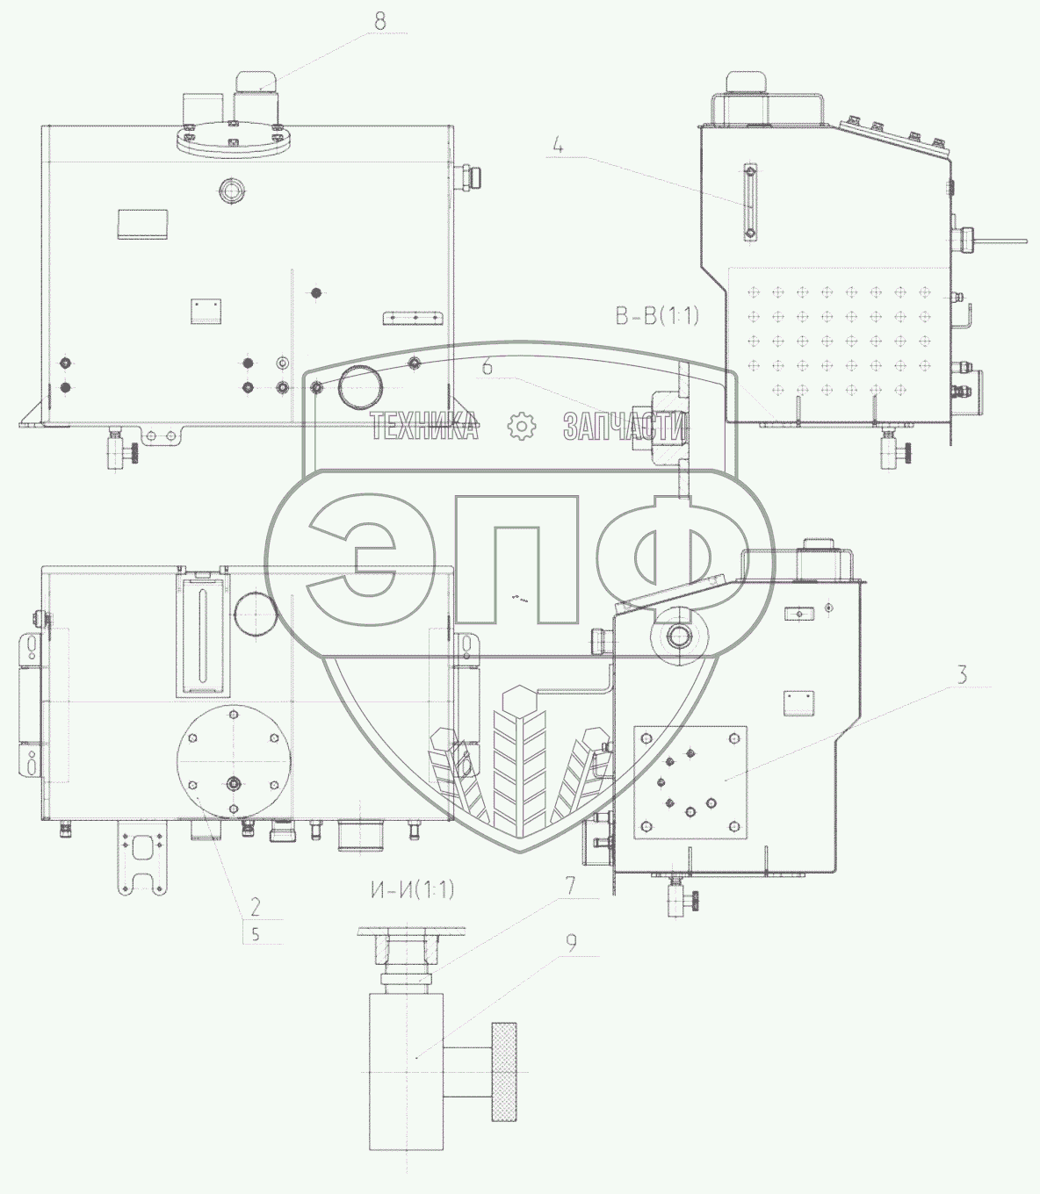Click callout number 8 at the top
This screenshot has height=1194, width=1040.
click(380, 22)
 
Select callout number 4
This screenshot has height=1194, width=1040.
click(559, 146)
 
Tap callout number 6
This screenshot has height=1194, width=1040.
click(487, 368)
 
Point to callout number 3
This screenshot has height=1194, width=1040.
click(962, 675)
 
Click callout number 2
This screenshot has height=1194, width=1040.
click(256, 907)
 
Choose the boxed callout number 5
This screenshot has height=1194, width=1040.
click(256, 934)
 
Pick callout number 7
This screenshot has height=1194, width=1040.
click(570, 886)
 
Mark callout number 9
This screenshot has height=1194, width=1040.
click(572, 944)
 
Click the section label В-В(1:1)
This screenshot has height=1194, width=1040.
click(657, 316)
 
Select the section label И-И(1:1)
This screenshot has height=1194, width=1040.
click(412, 890)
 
